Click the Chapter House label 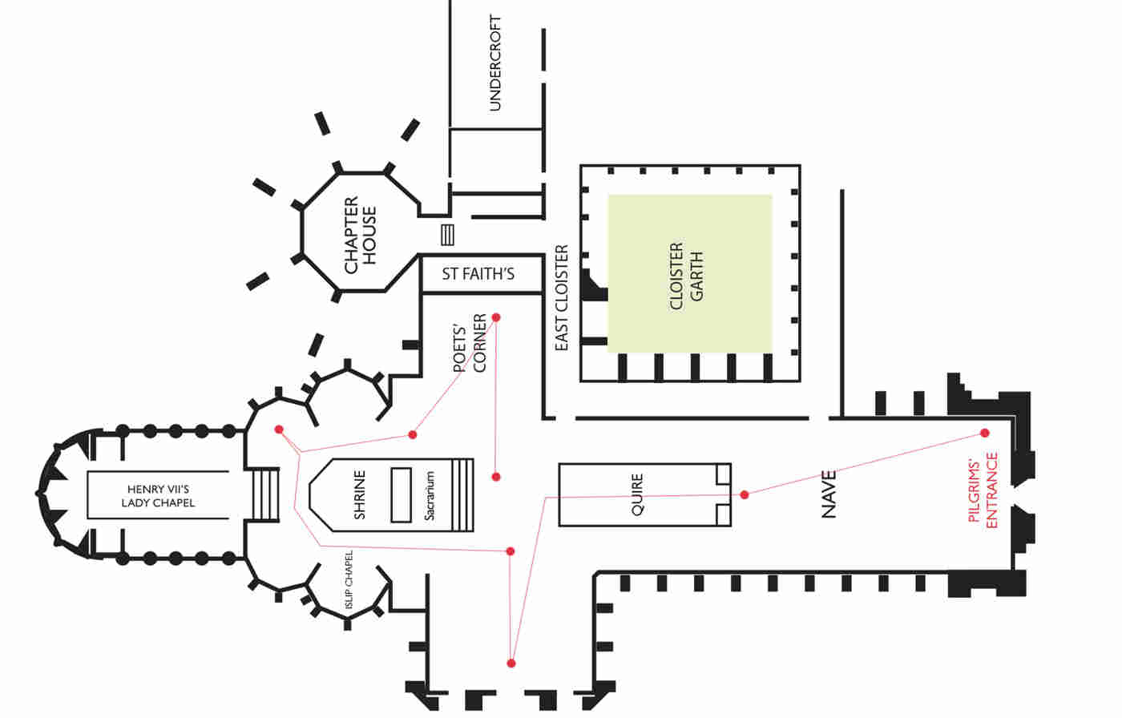tap(360, 235)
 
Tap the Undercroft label tap(494, 63)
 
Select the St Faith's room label tap(478, 274)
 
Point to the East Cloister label tap(561, 298)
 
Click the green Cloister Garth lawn tap(689, 272)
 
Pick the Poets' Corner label tap(470, 344)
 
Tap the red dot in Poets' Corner tap(496, 317)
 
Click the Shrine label tap(359, 495)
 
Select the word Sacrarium tap(430, 495)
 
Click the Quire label tap(637, 494)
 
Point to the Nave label tap(829, 494)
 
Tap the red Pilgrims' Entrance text tap(983, 490)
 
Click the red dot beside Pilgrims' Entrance tap(984, 434)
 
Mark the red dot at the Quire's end tap(745, 494)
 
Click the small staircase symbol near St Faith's tap(447, 235)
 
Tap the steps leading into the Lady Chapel tap(266, 495)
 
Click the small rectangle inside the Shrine tap(400, 495)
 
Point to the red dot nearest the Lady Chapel tap(279, 430)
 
